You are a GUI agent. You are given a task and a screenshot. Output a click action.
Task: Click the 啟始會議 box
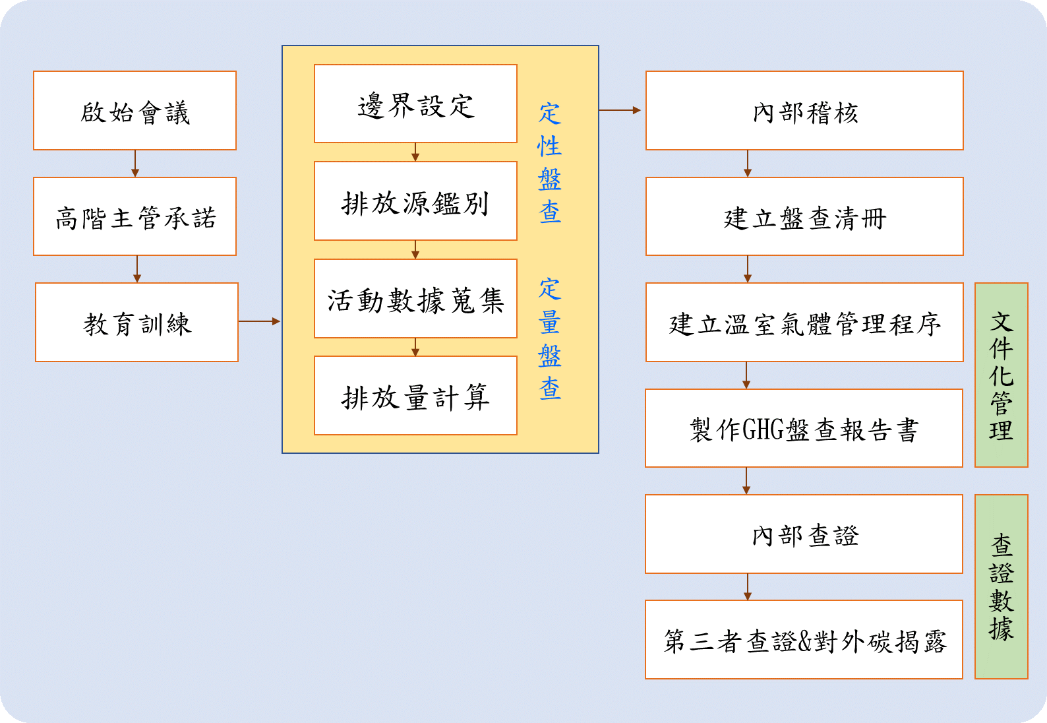point(135,111)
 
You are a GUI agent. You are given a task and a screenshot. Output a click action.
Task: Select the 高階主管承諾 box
point(135,216)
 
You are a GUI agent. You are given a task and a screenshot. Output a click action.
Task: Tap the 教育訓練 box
point(136,323)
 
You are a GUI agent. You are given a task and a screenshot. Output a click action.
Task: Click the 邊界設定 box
point(415,104)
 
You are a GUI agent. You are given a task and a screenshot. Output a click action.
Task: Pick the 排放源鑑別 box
point(415,201)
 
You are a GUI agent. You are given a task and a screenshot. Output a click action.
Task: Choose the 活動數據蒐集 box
point(415,299)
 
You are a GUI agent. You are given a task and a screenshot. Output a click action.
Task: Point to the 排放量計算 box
point(415,396)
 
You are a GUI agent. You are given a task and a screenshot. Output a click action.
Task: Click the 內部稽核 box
point(804,111)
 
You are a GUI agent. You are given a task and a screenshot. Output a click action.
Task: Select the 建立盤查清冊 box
point(804,216)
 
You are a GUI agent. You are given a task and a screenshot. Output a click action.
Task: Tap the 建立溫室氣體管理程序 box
point(804,323)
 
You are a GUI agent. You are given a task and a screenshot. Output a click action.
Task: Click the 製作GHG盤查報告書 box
point(804,428)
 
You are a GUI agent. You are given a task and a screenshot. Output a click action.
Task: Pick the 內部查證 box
point(804,534)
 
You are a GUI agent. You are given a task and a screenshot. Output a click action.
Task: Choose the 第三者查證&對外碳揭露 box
point(804,640)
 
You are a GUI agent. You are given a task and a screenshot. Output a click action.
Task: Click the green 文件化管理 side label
point(1001,375)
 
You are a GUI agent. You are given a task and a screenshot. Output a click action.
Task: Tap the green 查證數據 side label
point(1001,587)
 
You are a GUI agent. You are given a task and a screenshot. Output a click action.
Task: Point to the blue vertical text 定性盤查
point(549,163)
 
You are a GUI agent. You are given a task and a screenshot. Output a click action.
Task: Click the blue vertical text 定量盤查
point(549,339)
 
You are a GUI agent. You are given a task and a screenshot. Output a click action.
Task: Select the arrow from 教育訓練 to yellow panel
point(259,322)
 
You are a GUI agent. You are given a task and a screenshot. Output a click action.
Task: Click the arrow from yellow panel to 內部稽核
point(620,110)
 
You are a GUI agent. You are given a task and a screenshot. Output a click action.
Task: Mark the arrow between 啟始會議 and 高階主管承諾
point(135,164)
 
